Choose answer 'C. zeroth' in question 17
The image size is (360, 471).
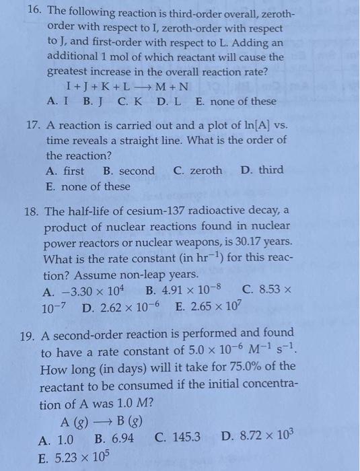[197, 171]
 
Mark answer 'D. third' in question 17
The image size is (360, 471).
[262, 170]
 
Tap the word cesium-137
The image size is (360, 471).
[146, 213]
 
